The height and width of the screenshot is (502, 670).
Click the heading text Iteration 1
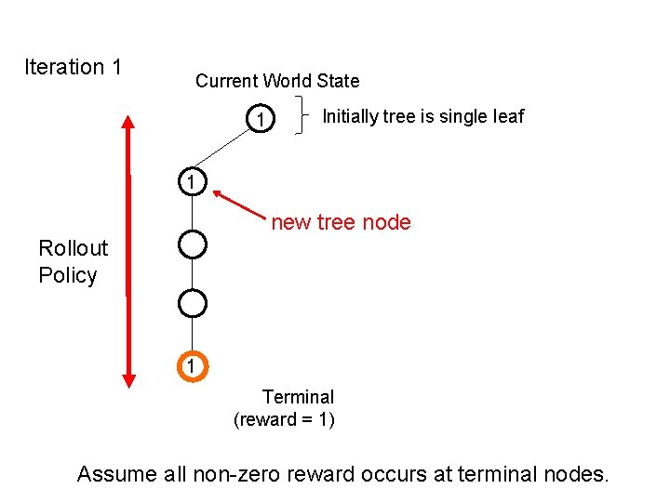click(73, 67)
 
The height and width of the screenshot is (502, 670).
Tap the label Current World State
click(276, 81)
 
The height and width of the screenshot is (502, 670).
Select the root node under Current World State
click(261, 120)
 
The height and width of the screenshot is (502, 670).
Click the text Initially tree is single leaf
click(422, 116)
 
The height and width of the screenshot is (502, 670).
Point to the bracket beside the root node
click(303, 115)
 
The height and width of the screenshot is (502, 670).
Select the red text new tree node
click(341, 221)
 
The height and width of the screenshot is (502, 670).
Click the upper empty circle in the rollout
click(191, 244)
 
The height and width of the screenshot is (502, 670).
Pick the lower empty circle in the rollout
click(191, 303)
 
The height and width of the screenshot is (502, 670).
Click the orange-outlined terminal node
click(191, 366)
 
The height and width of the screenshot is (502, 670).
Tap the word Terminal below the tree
click(298, 397)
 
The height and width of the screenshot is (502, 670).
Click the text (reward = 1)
click(284, 419)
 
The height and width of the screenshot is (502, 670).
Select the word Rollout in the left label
click(73, 248)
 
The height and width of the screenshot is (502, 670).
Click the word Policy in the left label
click(67, 275)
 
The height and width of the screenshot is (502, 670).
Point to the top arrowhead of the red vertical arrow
click(128, 122)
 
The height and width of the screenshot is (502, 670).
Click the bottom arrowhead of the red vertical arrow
click(128, 377)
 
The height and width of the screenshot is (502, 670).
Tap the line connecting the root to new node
click(224, 152)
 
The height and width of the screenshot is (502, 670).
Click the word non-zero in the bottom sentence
click(234, 474)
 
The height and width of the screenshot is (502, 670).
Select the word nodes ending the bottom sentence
click(572, 474)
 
